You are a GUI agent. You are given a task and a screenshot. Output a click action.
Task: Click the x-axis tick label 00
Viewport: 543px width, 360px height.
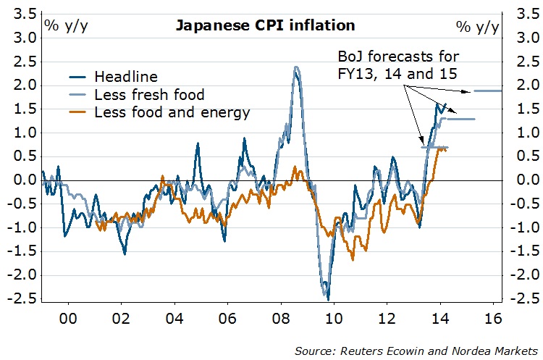[69, 318]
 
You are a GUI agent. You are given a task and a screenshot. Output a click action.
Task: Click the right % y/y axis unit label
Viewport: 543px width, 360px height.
[477, 26]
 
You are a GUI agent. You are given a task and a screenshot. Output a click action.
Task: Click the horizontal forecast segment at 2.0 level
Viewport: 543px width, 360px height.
[487, 91]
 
